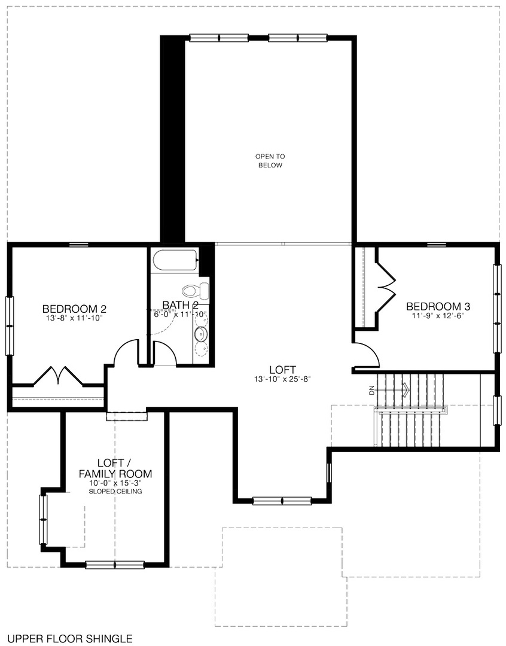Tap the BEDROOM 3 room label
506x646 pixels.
click(x=438, y=306)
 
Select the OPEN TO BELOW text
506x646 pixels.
click(x=270, y=160)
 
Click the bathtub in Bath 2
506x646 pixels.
click(x=175, y=261)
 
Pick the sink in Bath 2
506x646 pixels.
click(x=202, y=334)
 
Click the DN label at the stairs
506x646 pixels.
click(x=372, y=391)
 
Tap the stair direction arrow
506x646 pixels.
click(x=404, y=391)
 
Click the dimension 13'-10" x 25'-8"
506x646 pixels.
click(x=283, y=379)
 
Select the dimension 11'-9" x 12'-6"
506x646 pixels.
click(x=438, y=316)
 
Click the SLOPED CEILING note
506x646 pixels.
click(x=115, y=491)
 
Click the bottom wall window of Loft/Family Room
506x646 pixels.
click(x=115, y=564)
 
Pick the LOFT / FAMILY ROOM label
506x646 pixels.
click(x=115, y=468)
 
